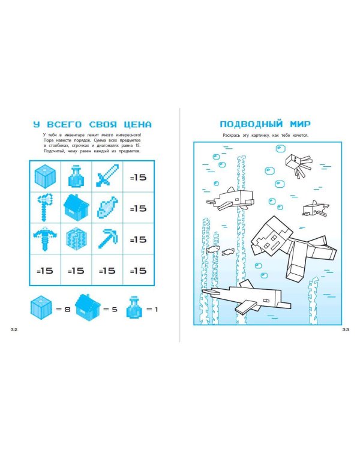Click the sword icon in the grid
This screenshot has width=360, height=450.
[107, 177]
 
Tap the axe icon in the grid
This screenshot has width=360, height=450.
[45, 208]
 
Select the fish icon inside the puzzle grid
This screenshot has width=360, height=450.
[107, 208]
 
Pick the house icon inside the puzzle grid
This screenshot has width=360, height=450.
[76, 208]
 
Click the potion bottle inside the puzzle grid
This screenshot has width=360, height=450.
[76, 177]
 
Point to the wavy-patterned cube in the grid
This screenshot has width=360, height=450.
[76, 239]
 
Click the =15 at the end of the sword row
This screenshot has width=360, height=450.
[139, 178]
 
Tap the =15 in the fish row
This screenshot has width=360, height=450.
[139, 208]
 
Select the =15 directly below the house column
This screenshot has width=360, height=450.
[76, 271]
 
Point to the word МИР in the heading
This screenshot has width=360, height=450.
[300, 124]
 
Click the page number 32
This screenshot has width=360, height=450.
[14, 329]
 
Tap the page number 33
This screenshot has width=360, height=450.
[346, 329]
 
